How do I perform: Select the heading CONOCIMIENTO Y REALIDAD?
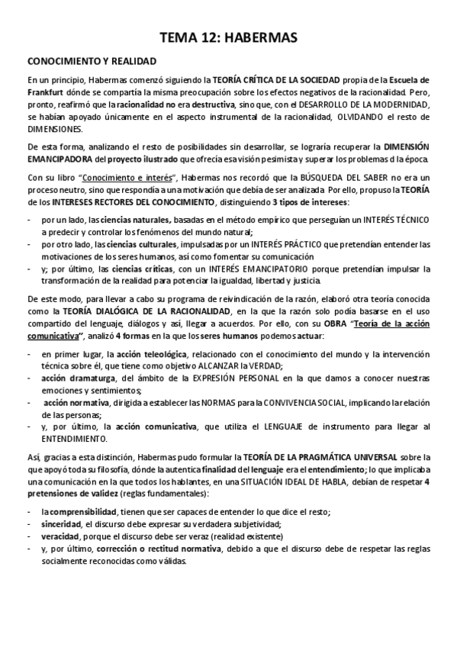click(x=92, y=61)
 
